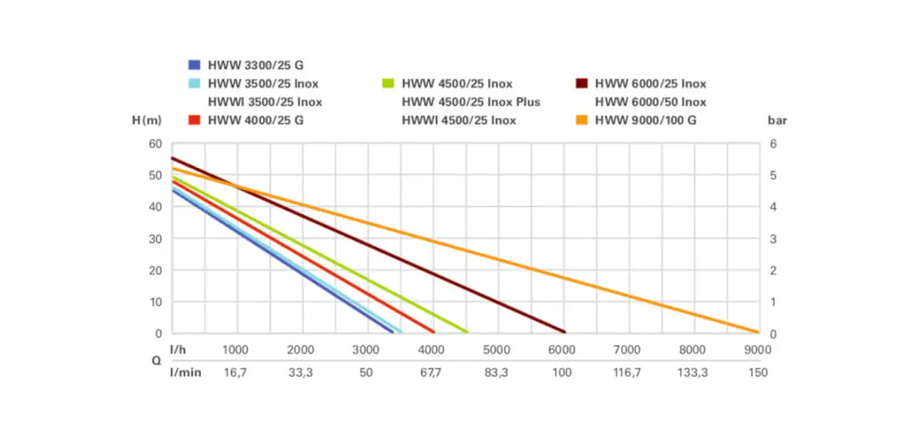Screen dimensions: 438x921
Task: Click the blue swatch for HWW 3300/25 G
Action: coord(194,65)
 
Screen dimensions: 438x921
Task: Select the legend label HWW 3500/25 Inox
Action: coord(263,83)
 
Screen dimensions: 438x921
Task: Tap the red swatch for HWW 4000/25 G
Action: coord(194,120)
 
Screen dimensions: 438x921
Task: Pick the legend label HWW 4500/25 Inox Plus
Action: coord(471,102)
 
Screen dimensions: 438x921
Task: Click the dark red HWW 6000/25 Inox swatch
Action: coord(582,83)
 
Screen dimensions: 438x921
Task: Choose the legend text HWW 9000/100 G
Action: coord(646,120)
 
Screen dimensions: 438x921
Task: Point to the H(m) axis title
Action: coord(147,120)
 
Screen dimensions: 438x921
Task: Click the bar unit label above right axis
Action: coord(777,120)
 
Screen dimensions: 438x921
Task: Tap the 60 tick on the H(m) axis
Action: coord(156,144)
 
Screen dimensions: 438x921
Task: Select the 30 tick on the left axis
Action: coord(156,238)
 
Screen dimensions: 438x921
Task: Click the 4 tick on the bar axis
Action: coord(773,207)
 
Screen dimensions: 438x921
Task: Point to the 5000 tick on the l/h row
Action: coord(496,350)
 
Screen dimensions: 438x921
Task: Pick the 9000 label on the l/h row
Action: coord(757,350)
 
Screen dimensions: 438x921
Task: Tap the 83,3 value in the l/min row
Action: coord(496,373)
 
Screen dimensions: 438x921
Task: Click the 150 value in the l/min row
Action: coord(757,373)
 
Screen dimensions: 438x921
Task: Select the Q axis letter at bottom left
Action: coord(156,361)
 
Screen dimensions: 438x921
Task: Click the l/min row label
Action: coord(185,373)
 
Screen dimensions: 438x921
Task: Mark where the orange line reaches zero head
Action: coord(758,332)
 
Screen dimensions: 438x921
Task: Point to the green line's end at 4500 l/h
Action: coord(466,332)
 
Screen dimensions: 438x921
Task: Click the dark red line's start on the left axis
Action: coord(172,158)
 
